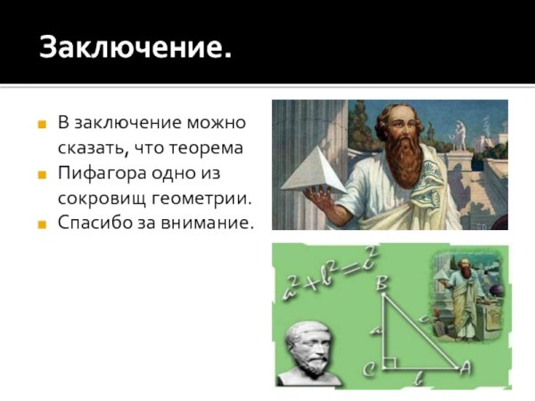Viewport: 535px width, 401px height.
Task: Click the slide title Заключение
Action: (x=135, y=46)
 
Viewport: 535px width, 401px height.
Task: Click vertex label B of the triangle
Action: (x=382, y=284)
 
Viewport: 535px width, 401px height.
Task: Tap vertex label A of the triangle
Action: (x=463, y=366)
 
